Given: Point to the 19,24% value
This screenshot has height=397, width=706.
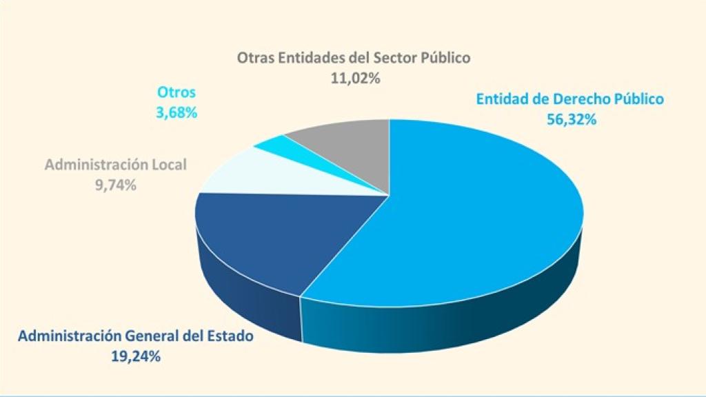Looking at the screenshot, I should pyautogui.click(x=136, y=356).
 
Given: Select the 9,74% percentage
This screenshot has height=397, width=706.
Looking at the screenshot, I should pyautogui.click(x=115, y=185).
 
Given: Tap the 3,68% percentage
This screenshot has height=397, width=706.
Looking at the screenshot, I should pyautogui.click(x=176, y=112).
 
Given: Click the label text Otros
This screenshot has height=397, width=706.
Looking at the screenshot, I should pyautogui.click(x=176, y=92).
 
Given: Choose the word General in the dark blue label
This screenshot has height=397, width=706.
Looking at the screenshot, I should pyautogui.click(x=156, y=337).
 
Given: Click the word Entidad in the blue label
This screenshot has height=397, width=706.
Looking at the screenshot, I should pyautogui.click(x=502, y=99).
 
